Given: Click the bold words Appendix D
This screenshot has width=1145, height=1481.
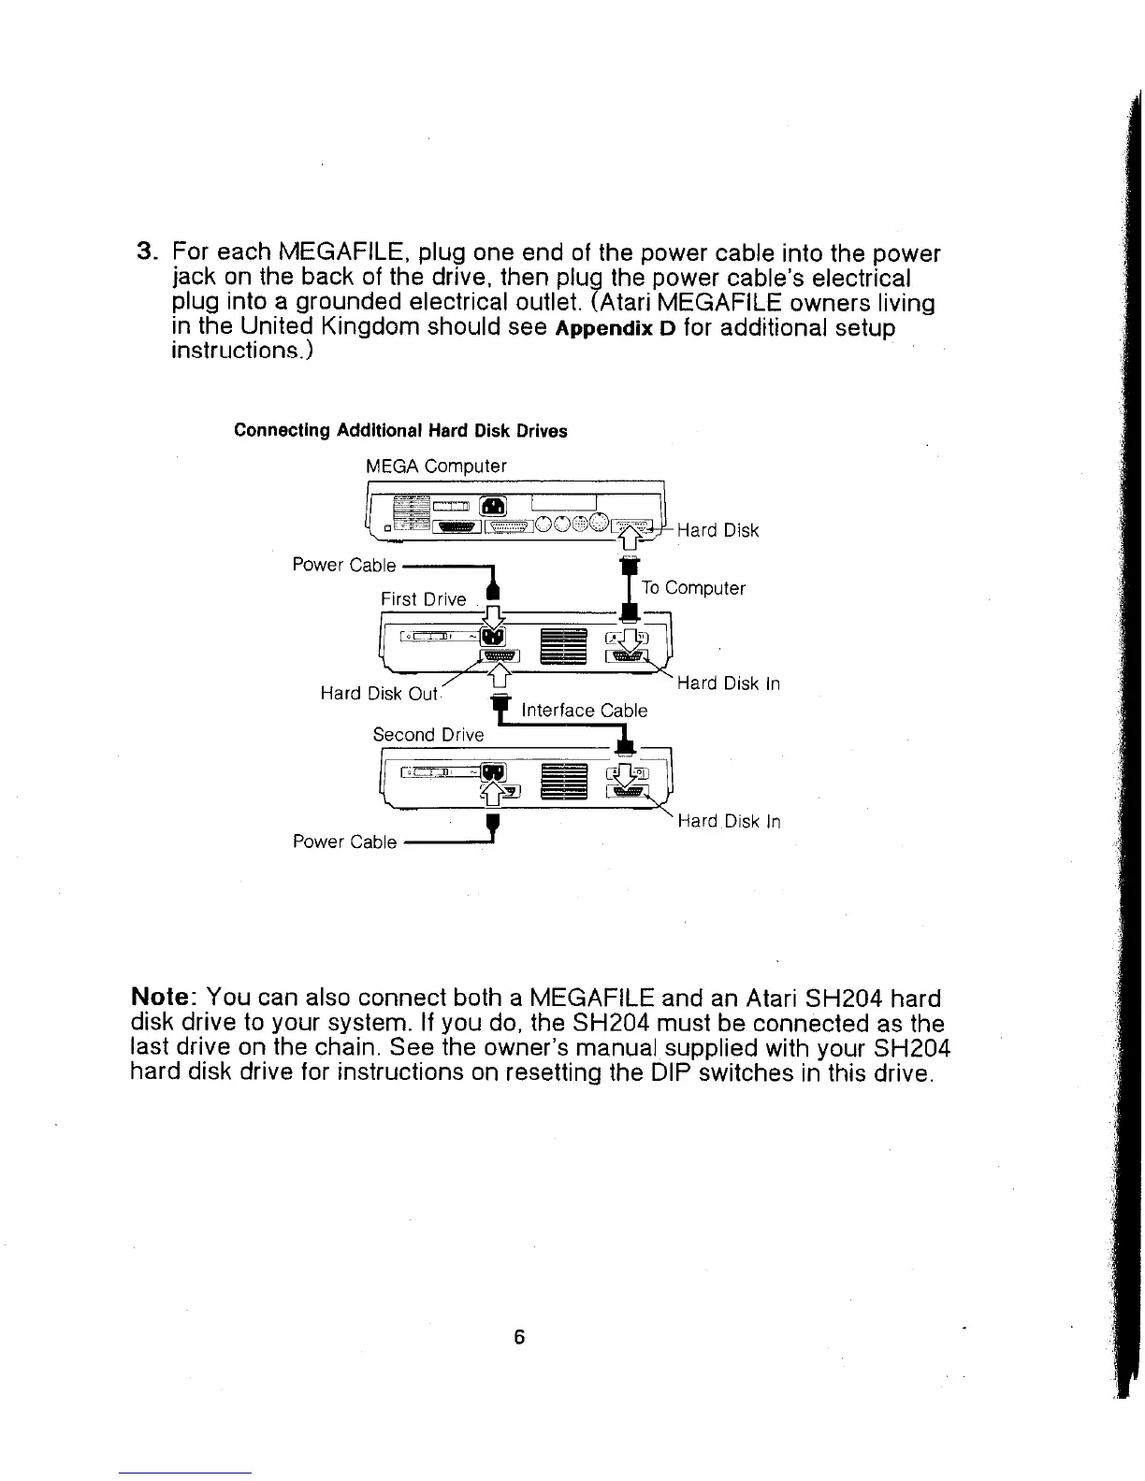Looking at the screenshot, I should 621,329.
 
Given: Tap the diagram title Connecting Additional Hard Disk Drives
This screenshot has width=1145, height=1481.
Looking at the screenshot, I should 400,431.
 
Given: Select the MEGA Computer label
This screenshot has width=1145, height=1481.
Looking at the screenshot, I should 436,466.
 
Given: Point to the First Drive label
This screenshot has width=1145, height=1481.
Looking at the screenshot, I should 423,598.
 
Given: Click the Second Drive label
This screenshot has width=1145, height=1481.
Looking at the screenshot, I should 428,734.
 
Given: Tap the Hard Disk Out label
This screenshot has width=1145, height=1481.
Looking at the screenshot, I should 379,693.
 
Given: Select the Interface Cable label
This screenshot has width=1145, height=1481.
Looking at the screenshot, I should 584,710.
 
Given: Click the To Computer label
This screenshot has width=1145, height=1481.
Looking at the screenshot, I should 693,588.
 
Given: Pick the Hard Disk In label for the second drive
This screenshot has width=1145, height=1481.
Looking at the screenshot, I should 728,822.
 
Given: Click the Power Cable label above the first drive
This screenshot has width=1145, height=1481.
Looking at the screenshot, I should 344,565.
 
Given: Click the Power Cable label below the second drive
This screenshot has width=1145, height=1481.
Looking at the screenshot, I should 344,841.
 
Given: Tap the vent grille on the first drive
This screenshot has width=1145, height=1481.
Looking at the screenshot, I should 564,645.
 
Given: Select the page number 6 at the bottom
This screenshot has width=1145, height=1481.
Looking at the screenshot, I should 520,1337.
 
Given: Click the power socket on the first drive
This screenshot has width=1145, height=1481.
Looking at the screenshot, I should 493,637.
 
